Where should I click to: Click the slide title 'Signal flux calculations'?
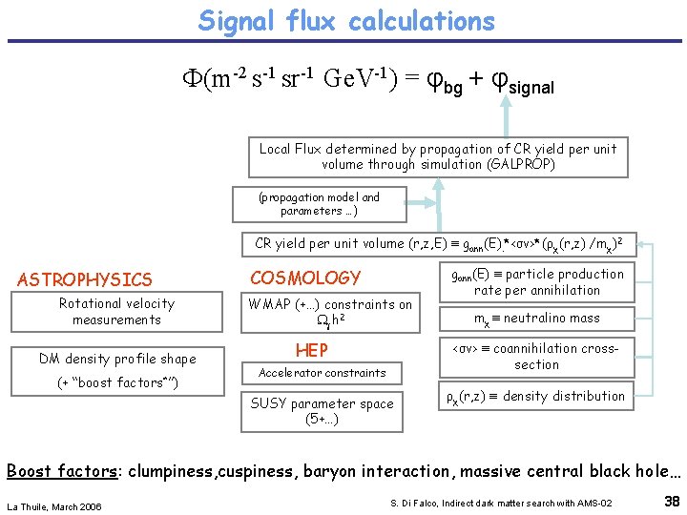pyautogui.click(x=346, y=21)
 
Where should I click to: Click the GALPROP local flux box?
pyautogui.click(x=438, y=156)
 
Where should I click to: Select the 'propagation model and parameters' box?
pyautogui.click(x=319, y=204)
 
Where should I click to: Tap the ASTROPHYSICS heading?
pyautogui.click(x=85, y=279)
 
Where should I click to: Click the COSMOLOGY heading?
pyautogui.click(x=305, y=278)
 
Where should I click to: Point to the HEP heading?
pyautogui.click(x=312, y=350)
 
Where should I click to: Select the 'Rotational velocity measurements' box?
pyautogui.click(x=116, y=312)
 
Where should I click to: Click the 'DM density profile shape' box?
pyautogui.click(x=116, y=359)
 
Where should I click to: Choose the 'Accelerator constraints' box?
pyautogui.click(x=323, y=373)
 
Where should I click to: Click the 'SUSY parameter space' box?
pyautogui.click(x=322, y=411)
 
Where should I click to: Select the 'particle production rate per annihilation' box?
pyautogui.click(x=537, y=281)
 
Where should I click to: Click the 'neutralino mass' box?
pyautogui.click(x=537, y=319)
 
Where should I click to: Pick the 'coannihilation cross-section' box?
pyautogui.click(x=537, y=356)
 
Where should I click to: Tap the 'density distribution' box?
pyautogui.click(x=537, y=396)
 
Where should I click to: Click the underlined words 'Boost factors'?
pyautogui.click(x=62, y=471)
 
